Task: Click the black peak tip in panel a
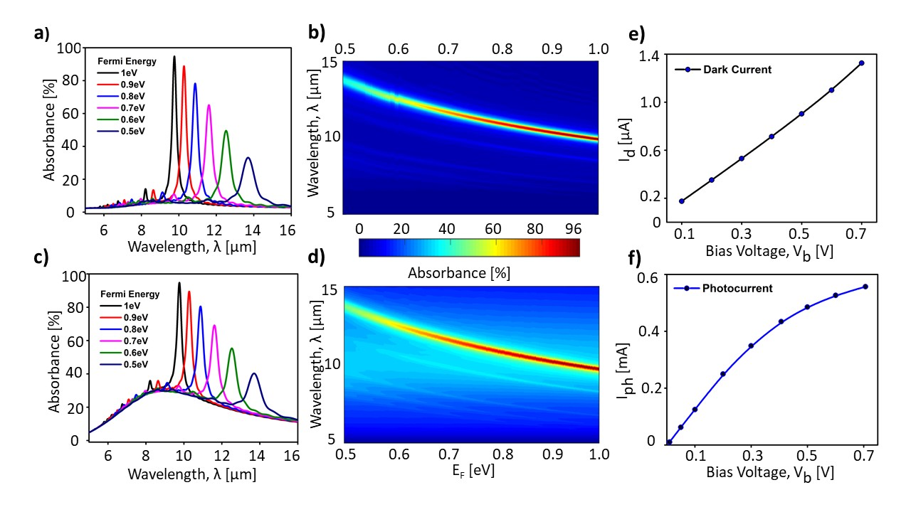click(x=174, y=56)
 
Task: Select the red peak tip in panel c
click(x=189, y=292)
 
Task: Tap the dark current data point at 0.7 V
click(x=861, y=63)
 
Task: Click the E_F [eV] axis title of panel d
click(x=470, y=471)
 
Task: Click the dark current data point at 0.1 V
click(x=682, y=201)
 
